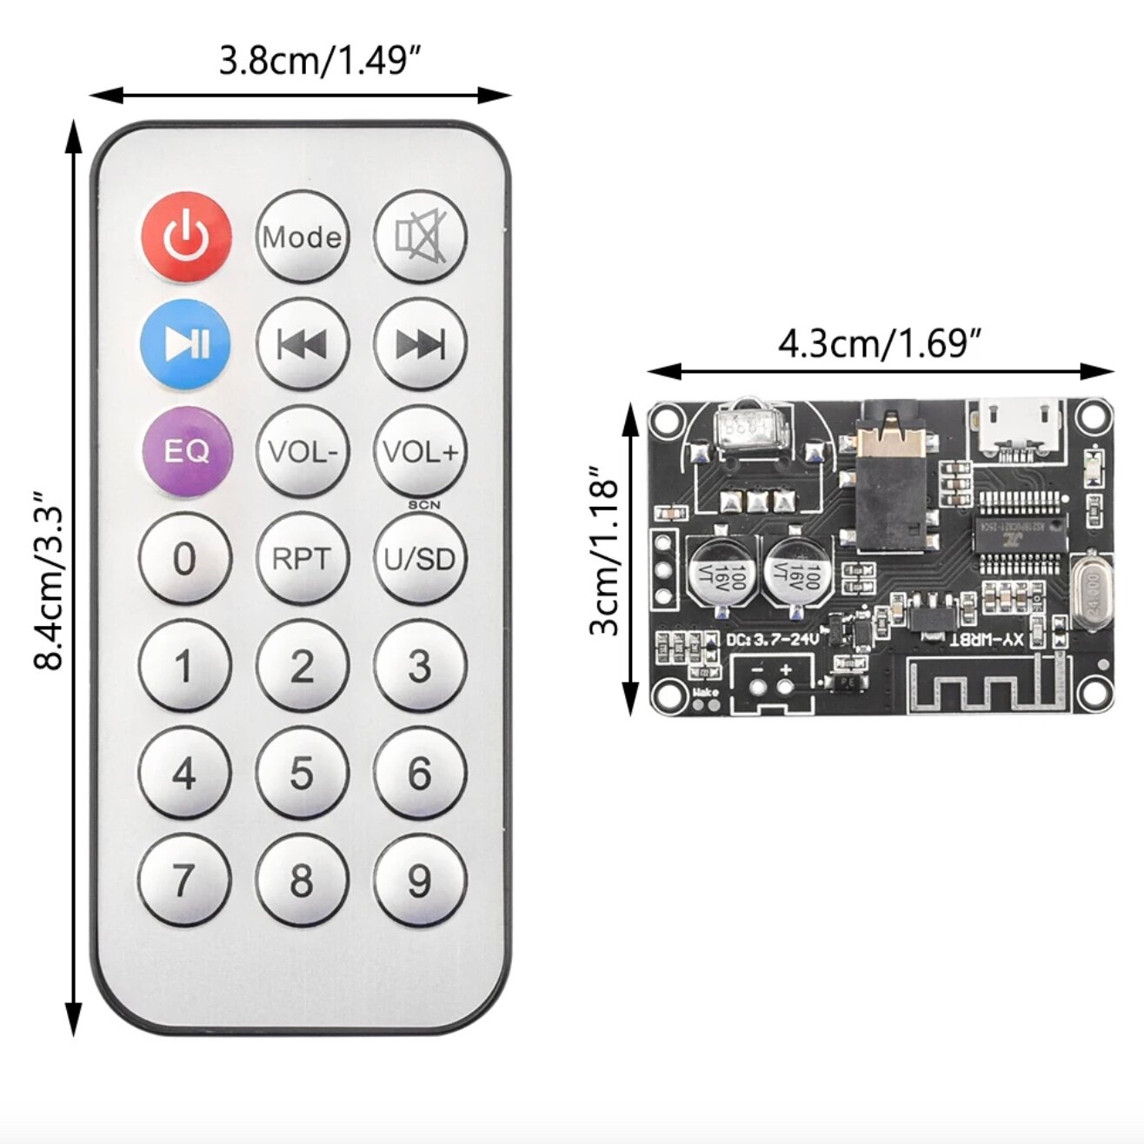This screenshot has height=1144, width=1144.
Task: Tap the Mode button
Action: pyautogui.click(x=303, y=236)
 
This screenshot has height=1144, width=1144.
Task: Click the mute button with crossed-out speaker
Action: pyautogui.click(x=421, y=236)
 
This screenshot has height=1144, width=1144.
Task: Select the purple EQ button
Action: pyautogui.click(x=186, y=451)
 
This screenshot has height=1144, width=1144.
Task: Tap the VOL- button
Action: pyautogui.click(x=303, y=451)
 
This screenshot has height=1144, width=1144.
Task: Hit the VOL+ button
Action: pyautogui.click(x=421, y=451)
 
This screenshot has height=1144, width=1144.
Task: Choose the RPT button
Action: pyautogui.click(x=303, y=559)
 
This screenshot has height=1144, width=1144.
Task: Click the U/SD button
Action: pyautogui.click(x=421, y=559)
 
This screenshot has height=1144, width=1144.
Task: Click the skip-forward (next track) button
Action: pyautogui.click(x=421, y=344)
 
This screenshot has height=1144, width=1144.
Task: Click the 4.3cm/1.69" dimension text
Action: pyautogui.click(x=880, y=344)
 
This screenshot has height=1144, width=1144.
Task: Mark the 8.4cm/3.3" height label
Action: pyautogui.click(x=50, y=581)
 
